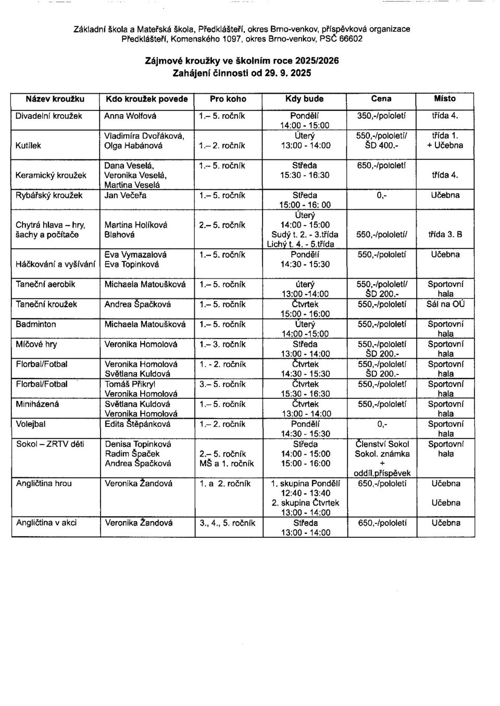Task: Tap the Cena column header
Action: tap(382, 98)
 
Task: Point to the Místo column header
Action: tap(444, 98)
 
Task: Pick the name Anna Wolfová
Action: tap(131, 116)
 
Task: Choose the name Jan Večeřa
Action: tap(126, 195)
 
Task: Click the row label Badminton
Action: tap(36, 324)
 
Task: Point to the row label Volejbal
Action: tap(31, 424)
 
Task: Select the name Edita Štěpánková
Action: tap(138, 424)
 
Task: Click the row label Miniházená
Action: tap(37, 404)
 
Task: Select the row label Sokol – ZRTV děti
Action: tap(50, 444)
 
